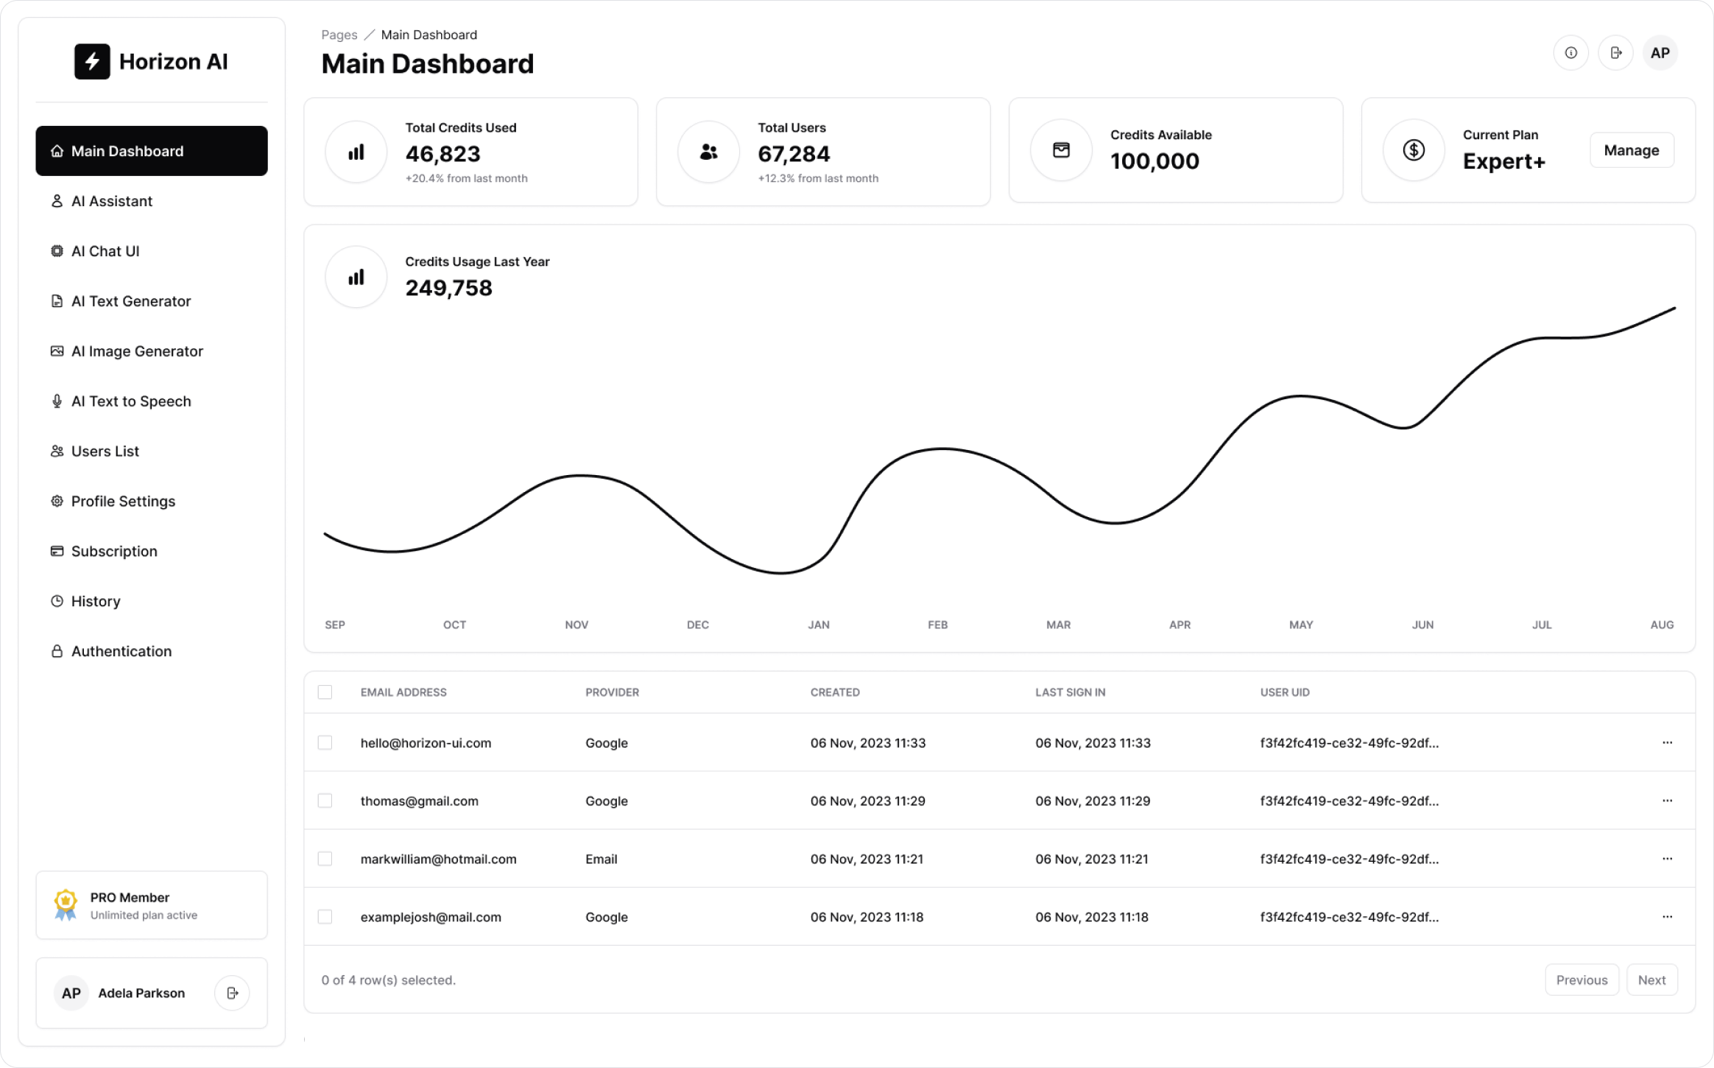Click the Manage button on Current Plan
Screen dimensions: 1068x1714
point(1631,150)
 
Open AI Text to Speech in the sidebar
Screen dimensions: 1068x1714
point(130,401)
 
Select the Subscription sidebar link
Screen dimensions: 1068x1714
point(113,552)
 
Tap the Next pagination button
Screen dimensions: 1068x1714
point(1651,980)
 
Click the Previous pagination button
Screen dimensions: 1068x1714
point(1581,980)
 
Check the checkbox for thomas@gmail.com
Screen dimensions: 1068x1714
point(325,801)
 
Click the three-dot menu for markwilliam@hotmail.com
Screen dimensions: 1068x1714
point(1667,859)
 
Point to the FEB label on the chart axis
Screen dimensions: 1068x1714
point(937,625)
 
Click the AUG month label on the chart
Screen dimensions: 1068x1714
point(1662,625)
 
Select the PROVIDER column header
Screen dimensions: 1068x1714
point(612,692)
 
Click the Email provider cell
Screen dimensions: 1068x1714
point(601,859)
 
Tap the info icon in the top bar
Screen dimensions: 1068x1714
point(1570,53)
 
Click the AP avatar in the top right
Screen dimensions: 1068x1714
point(1660,53)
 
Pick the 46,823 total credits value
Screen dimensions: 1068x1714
point(442,154)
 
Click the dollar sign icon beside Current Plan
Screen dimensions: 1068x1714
point(1413,150)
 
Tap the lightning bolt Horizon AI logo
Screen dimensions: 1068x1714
point(92,62)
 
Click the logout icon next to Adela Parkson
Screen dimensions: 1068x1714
point(232,993)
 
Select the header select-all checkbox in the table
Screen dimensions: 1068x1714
point(325,692)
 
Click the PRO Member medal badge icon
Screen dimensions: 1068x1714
point(66,905)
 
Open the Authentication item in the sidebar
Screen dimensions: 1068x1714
point(121,652)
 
